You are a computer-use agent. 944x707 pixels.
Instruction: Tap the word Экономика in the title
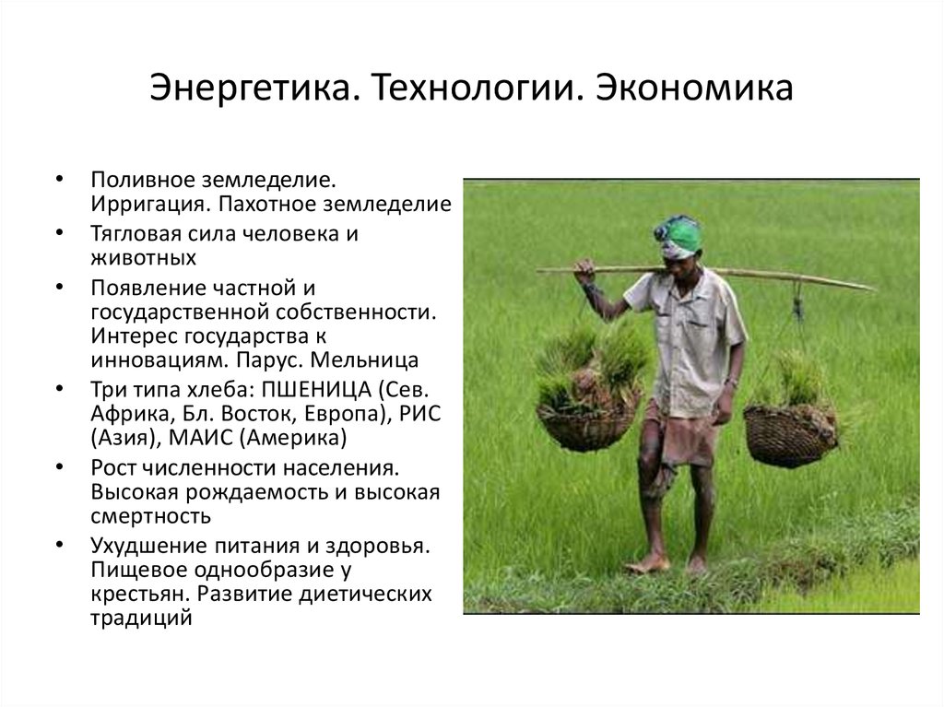(x=693, y=88)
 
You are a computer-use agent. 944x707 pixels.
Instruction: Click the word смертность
(x=150, y=515)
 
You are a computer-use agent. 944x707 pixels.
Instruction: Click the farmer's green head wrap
(x=680, y=235)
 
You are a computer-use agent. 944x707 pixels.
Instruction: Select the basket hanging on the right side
(x=789, y=434)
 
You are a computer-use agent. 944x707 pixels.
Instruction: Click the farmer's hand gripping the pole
(x=584, y=271)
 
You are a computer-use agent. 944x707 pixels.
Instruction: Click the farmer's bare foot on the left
(x=648, y=563)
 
